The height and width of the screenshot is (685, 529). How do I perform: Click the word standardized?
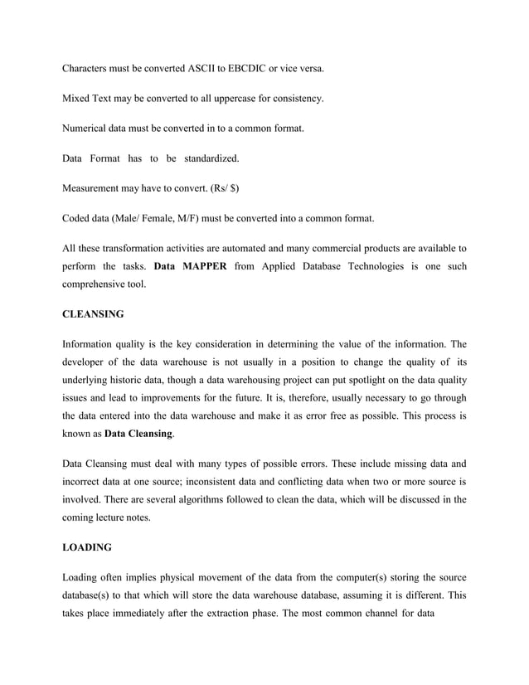(211, 158)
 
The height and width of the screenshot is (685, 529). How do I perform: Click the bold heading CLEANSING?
(93, 314)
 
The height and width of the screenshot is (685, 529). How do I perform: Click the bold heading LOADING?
(88, 547)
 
